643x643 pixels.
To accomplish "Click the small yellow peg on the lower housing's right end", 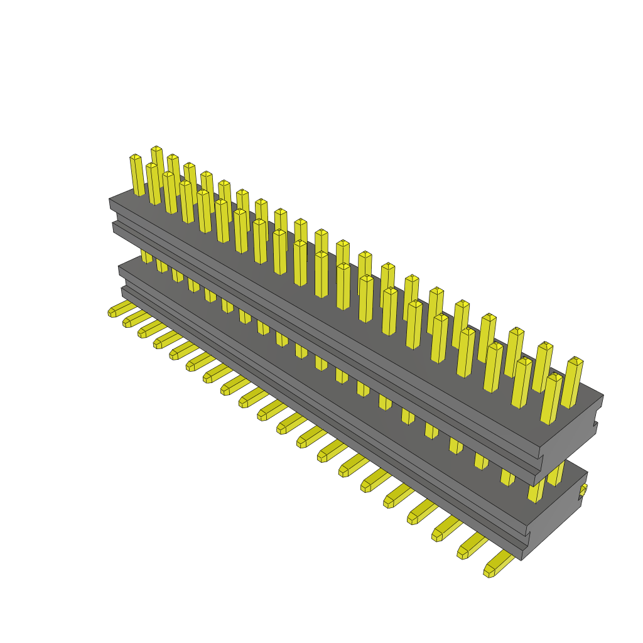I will (583, 490).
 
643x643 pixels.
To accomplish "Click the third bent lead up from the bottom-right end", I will (445, 529).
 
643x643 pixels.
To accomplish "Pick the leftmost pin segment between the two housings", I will (146, 256).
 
